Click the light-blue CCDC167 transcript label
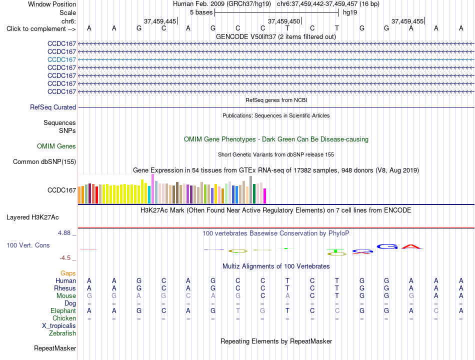[62, 59]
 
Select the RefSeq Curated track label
[53, 107]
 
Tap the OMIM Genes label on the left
[56, 146]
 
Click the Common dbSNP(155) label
[44, 162]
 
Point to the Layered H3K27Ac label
[32, 217]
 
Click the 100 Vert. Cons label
[28, 245]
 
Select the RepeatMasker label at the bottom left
[55, 348]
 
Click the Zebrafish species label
[62, 333]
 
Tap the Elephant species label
[63, 311]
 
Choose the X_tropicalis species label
[59, 326]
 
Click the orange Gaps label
[68, 273]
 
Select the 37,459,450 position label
[284, 21]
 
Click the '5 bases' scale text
[201, 12]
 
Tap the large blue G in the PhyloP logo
[387, 246]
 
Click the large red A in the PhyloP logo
[411, 246]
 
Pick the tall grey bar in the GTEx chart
[251, 189]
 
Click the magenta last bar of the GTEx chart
[265, 196]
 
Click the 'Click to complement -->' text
[41, 29]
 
